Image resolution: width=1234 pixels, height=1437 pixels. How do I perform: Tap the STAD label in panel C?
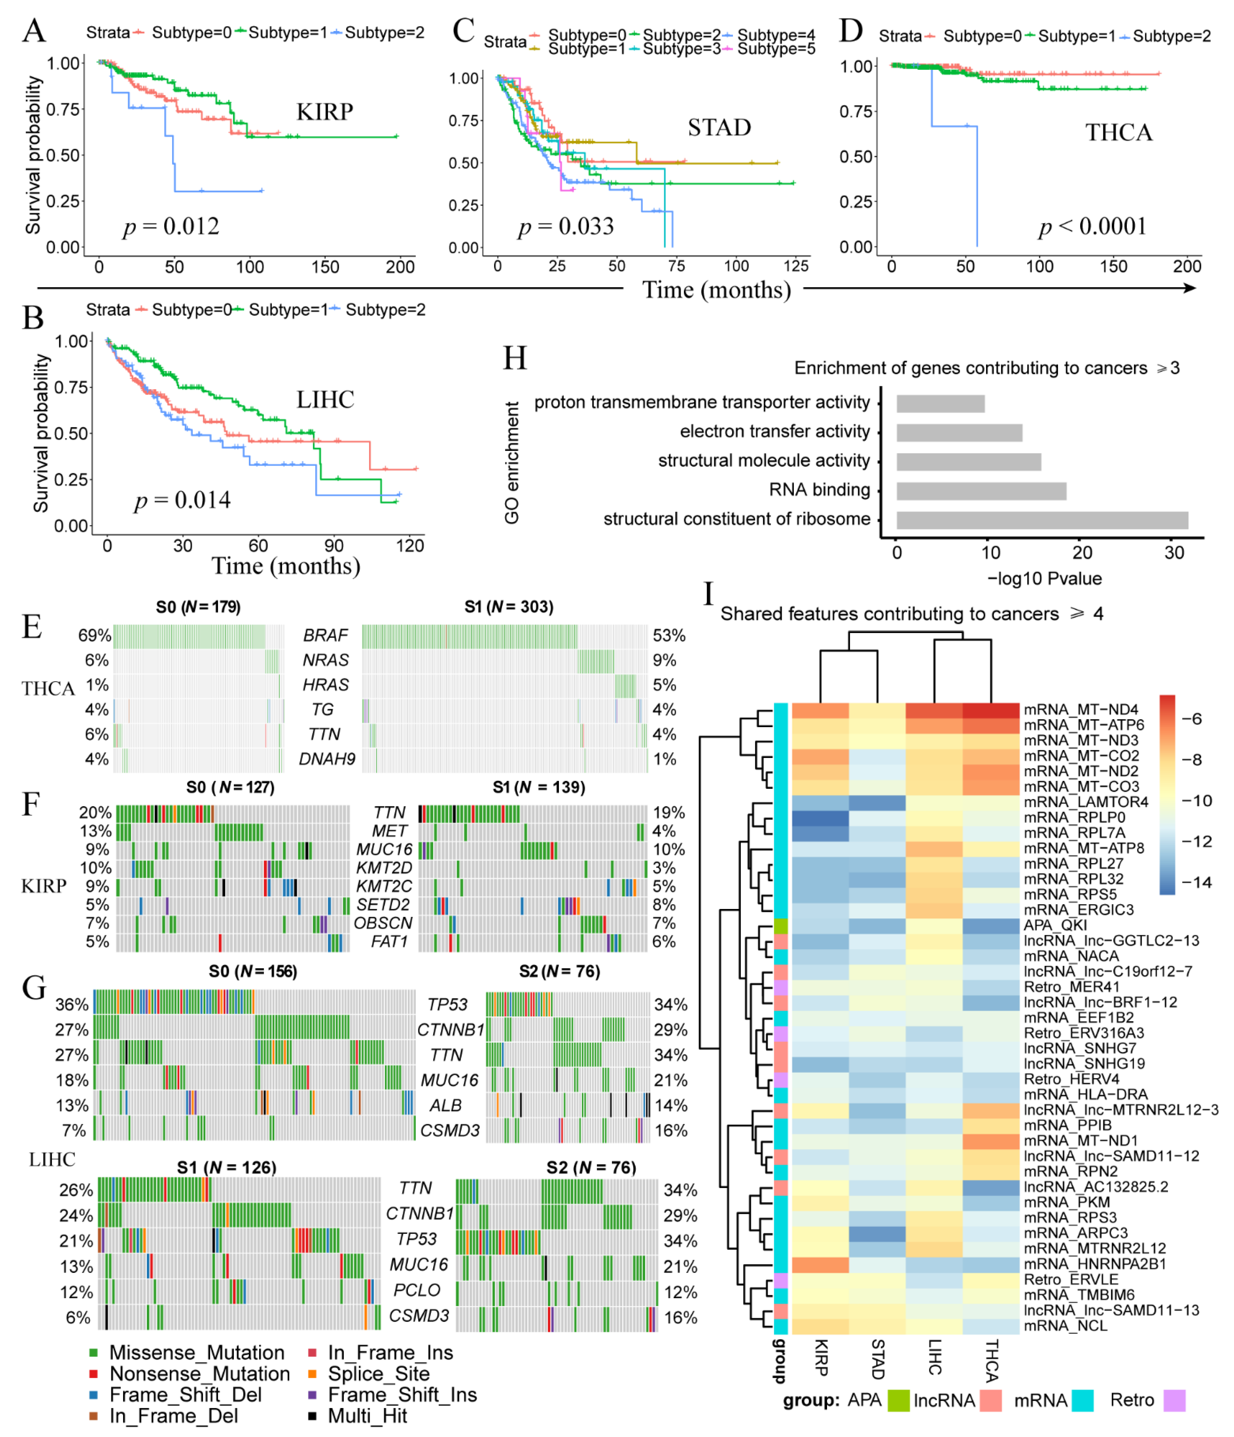(719, 128)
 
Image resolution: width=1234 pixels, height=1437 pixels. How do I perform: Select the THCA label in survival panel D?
(1118, 132)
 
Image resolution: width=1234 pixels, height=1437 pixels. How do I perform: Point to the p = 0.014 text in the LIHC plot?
(182, 500)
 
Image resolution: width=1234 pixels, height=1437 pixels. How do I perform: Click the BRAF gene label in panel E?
(325, 635)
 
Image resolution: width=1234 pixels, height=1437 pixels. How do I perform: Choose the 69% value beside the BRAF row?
(94, 635)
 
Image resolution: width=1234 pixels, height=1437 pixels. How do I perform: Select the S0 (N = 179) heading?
(198, 607)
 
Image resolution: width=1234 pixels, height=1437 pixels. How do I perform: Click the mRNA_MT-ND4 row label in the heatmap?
(1081, 710)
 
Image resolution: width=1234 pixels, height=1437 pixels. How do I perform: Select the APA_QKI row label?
(1055, 925)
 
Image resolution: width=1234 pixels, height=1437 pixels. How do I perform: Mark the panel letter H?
(515, 358)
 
